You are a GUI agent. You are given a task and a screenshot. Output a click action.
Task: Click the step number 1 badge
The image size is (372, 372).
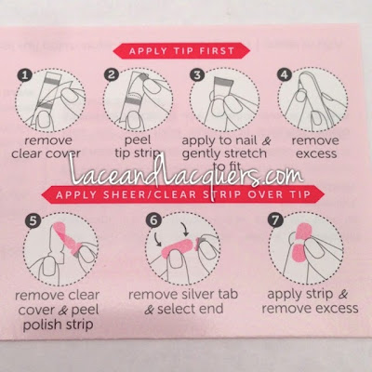[x=25, y=75]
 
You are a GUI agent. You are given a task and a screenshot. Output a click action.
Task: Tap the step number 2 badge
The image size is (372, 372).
[x=112, y=74]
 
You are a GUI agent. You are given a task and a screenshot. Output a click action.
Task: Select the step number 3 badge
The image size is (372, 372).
[x=197, y=74]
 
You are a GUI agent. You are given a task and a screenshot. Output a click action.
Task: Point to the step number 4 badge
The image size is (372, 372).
[x=285, y=74]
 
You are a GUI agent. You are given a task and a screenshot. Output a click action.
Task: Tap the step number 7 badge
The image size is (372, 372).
[x=275, y=220]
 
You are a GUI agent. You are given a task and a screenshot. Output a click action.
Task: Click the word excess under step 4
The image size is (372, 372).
[x=316, y=154]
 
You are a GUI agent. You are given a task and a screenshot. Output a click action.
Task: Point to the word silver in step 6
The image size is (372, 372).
[x=195, y=294]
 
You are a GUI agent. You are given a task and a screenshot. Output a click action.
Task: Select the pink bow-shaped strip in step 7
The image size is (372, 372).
[x=302, y=242]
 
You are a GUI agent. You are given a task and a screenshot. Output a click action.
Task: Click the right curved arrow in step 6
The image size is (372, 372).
[x=186, y=230]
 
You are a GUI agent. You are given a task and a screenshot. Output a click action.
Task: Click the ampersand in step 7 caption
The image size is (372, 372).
[x=343, y=294]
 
